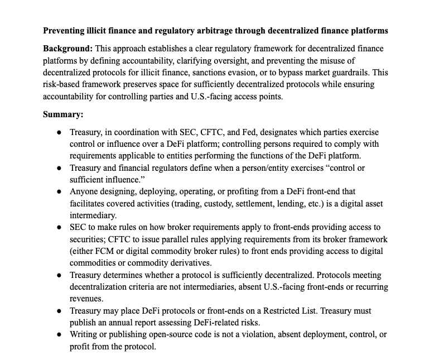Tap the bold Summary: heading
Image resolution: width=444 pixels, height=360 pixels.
click(63, 114)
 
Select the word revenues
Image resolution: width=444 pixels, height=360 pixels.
click(86, 299)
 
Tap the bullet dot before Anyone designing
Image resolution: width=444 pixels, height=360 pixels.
click(59, 191)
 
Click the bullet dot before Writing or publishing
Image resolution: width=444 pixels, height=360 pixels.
click(59, 334)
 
